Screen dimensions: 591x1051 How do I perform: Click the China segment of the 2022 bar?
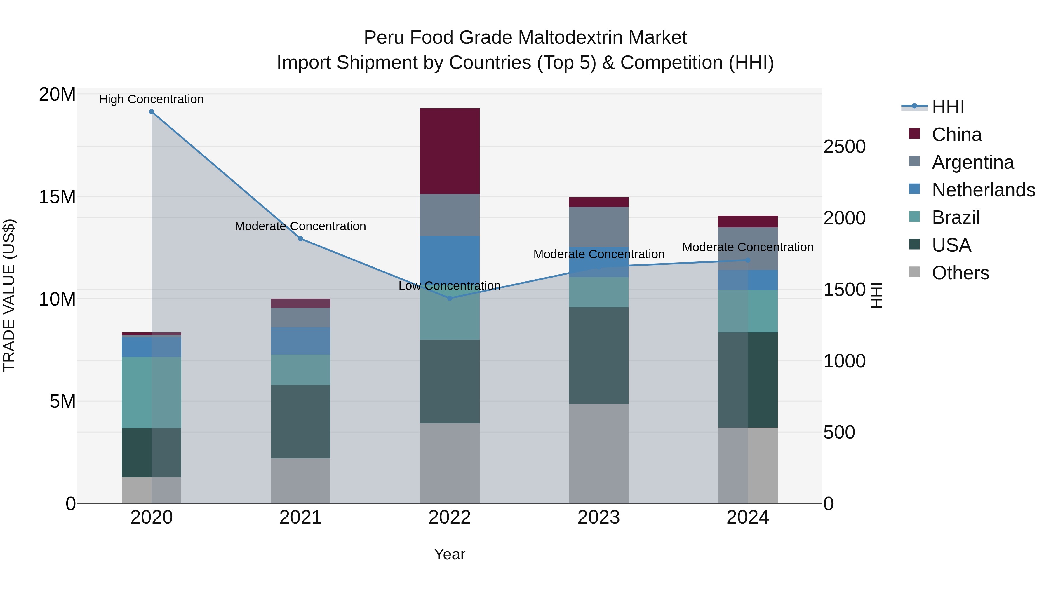point(450,151)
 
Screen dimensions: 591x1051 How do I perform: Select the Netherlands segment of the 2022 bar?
point(450,257)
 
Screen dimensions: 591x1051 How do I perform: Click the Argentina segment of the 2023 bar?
point(598,227)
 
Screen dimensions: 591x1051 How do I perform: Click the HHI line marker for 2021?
point(301,239)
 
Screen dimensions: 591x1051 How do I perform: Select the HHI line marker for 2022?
point(450,298)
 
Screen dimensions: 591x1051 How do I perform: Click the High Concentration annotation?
point(151,99)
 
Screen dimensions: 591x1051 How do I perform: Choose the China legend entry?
point(957,135)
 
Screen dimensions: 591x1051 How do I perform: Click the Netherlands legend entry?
point(983,190)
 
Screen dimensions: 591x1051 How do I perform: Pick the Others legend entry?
point(960,273)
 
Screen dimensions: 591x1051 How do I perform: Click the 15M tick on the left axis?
point(58,197)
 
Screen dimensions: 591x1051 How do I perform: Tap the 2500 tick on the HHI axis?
point(844,147)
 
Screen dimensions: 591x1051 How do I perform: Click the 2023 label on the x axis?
point(598,517)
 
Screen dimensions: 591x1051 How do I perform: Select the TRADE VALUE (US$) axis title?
point(9,295)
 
